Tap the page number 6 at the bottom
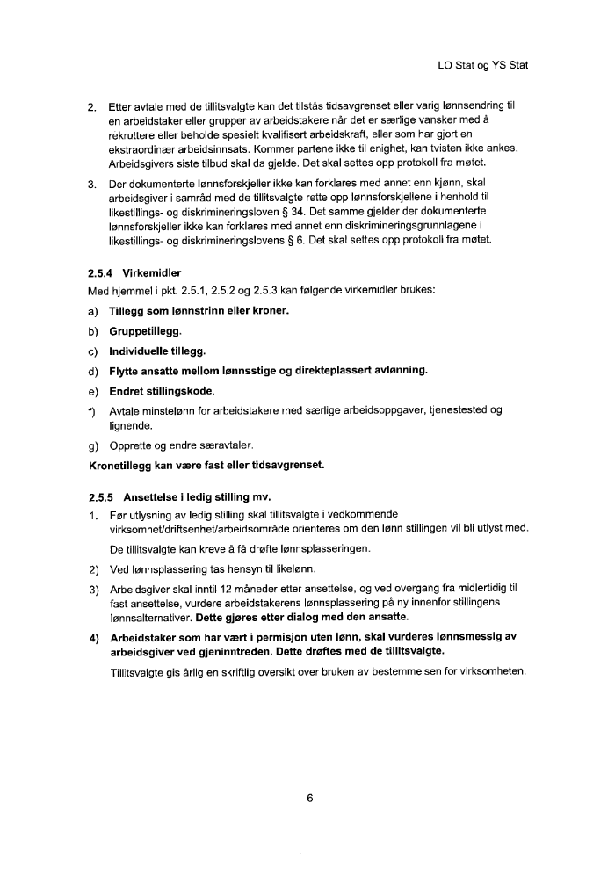[310, 799]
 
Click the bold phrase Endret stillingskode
[161, 390]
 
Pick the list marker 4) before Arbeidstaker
[94, 637]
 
